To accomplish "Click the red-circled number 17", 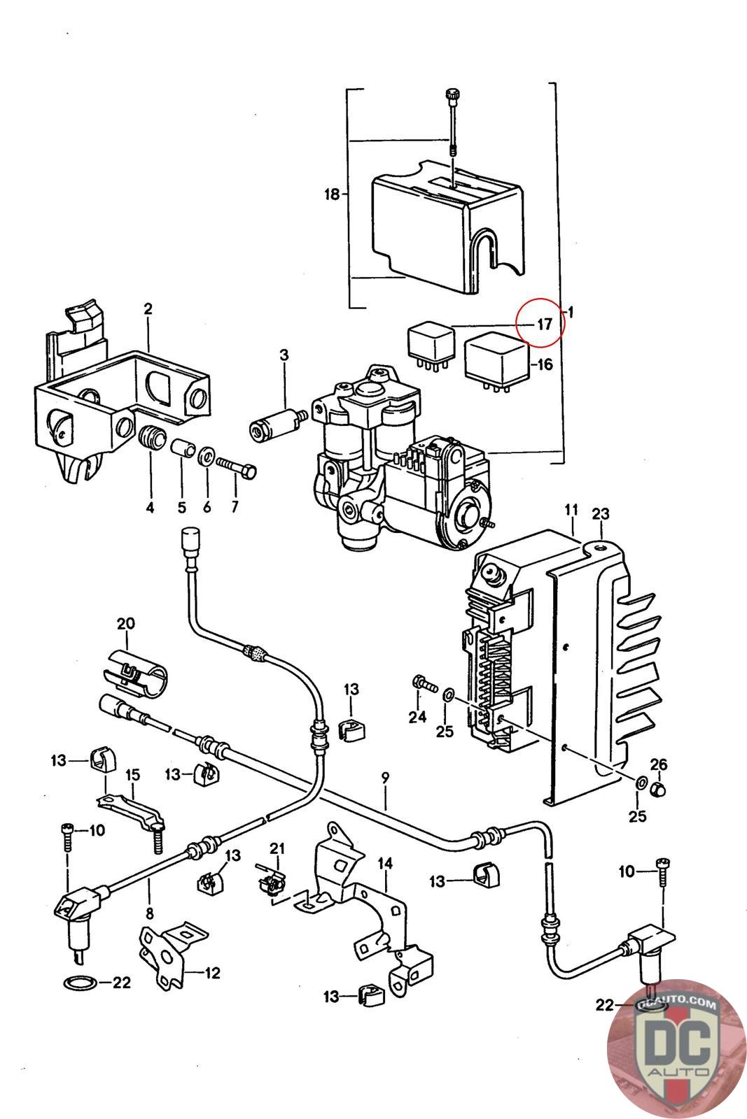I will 545,324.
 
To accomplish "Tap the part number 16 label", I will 545,364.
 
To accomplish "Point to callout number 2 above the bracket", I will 148,308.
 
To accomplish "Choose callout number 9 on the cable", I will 385,777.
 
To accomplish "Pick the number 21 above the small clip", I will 278,848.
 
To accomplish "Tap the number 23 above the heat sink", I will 601,514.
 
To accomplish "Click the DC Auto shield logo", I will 676,1049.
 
